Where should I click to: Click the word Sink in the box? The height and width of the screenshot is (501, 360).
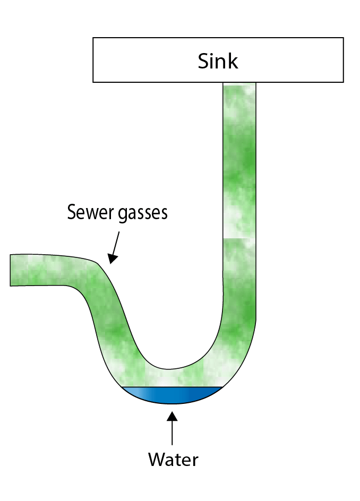click(218, 61)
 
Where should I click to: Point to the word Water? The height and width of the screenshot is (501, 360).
click(173, 459)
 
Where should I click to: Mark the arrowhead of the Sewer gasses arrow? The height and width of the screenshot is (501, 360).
click(111, 258)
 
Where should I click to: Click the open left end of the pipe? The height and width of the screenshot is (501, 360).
click(12, 270)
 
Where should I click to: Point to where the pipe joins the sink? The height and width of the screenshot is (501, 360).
click(239, 83)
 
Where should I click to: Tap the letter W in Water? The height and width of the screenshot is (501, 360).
click(156, 459)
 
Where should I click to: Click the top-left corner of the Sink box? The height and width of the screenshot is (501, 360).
click(93, 38)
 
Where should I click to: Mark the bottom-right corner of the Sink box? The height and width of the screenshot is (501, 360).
click(343, 82)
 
